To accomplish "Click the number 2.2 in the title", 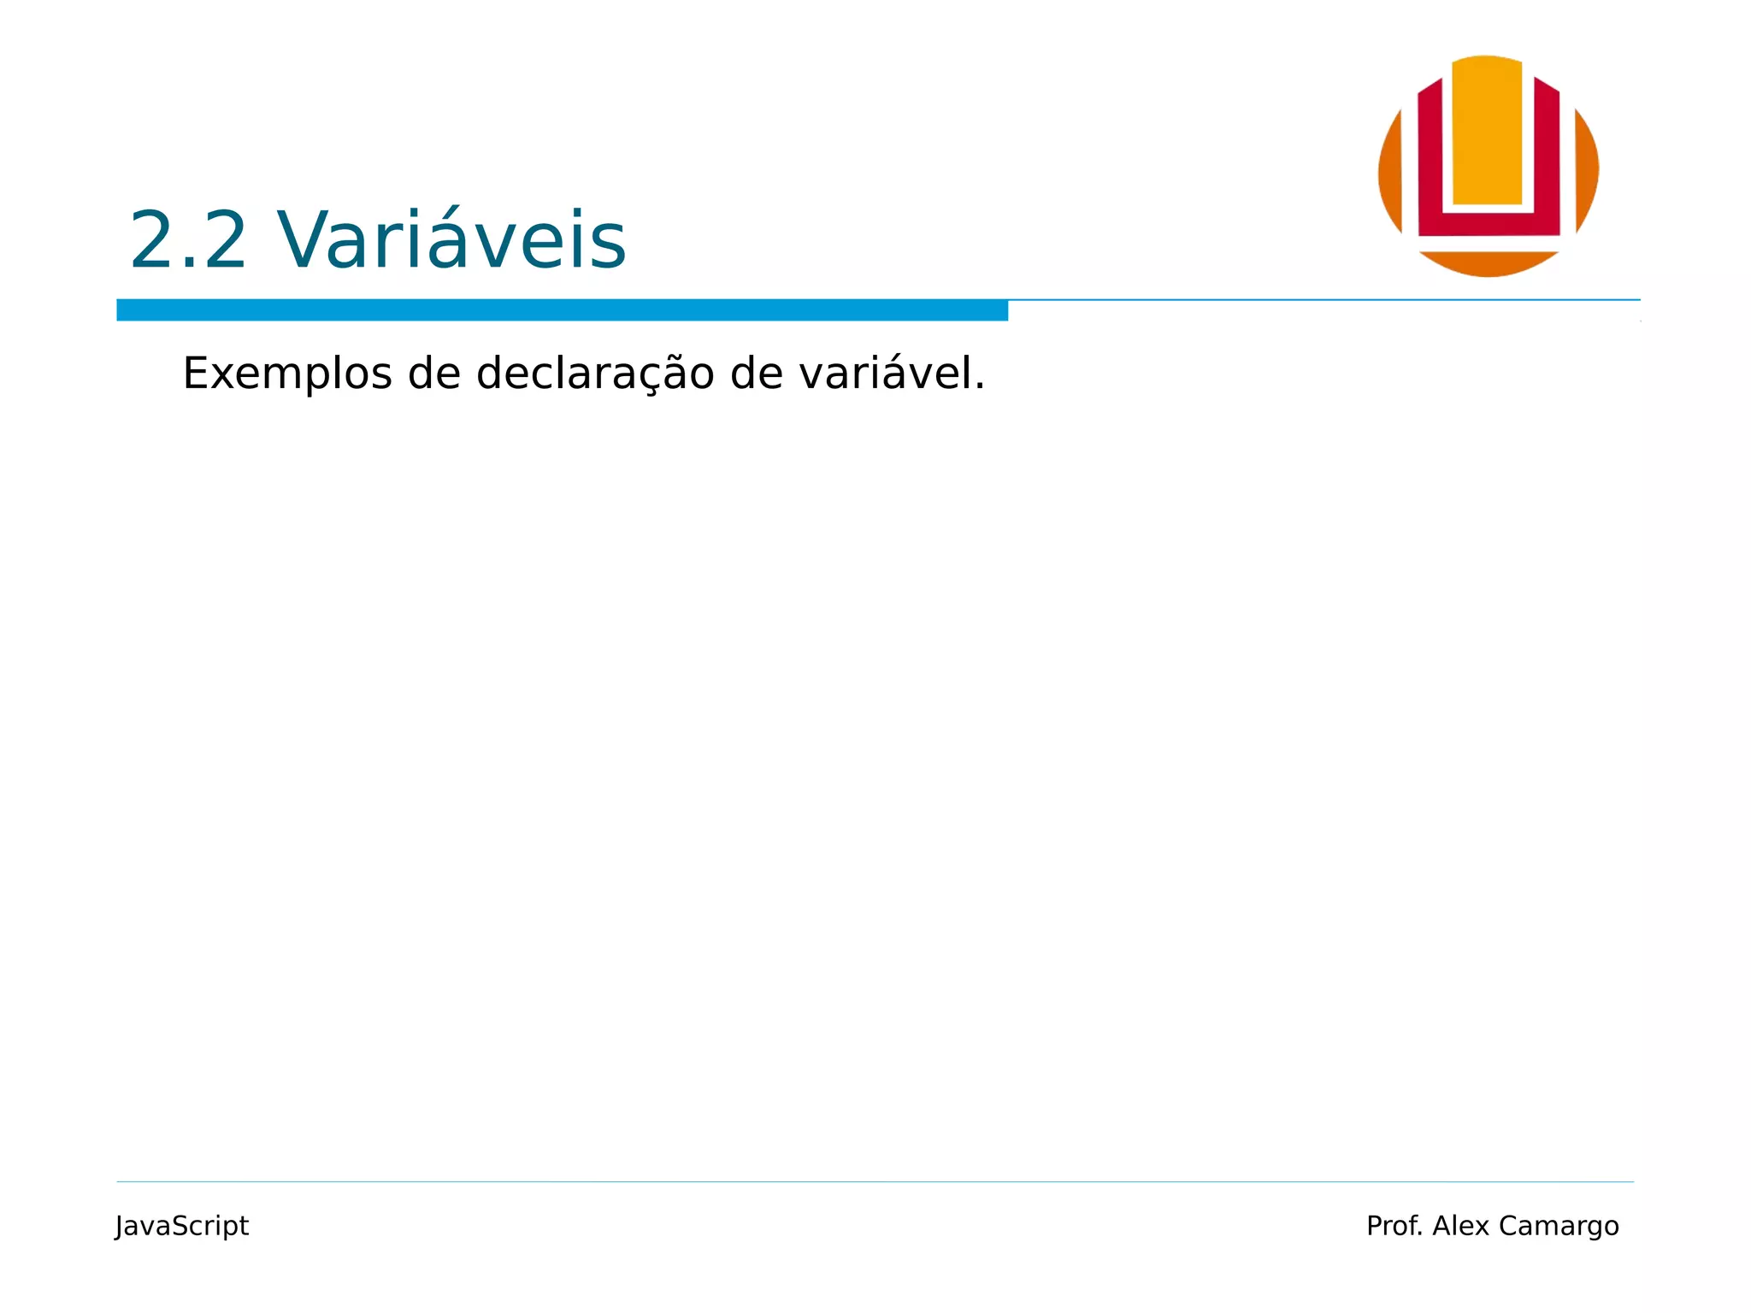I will pos(188,241).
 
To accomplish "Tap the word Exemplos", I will pos(287,374).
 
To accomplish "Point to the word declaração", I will pos(595,374).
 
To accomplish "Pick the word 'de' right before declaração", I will pos(434,374).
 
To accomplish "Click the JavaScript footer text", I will pos(182,1226).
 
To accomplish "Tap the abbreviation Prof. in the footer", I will pos(1394,1226).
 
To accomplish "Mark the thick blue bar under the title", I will pos(562,310).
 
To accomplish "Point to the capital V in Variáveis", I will pos(304,241).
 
